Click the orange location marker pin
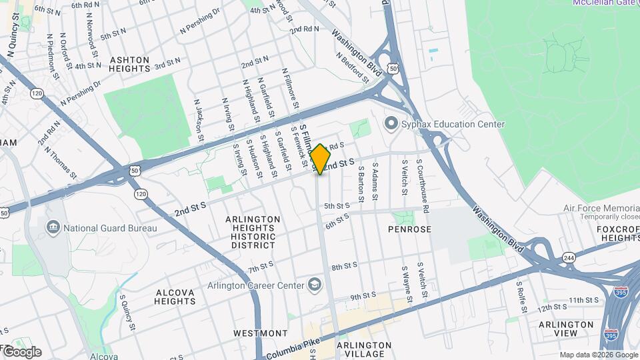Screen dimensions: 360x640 point(320,159)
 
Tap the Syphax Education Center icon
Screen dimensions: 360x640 point(391,124)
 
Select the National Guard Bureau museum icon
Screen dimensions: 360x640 point(53,228)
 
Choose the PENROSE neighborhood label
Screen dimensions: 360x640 point(410,229)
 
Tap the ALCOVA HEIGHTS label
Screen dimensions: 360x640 point(175,297)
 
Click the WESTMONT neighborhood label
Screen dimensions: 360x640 point(260,333)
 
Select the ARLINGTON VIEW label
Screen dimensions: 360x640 point(567,329)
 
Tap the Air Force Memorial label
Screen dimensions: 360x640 point(600,208)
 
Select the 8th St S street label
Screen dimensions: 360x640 point(345,267)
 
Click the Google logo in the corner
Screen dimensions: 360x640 point(21,351)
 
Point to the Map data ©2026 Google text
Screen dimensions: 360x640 point(598,355)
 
